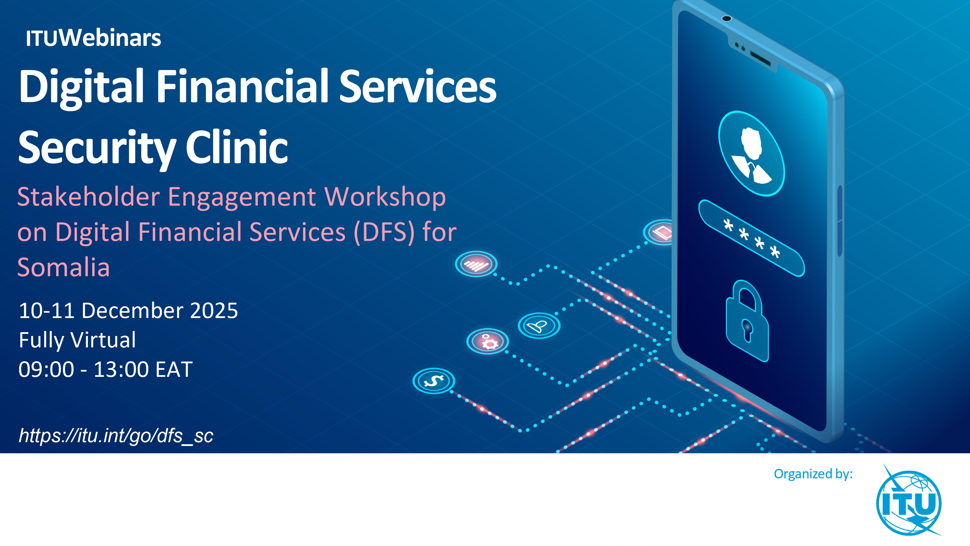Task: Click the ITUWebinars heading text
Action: click(x=94, y=38)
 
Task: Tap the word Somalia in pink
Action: click(x=64, y=267)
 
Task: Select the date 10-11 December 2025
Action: click(x=129, y=311)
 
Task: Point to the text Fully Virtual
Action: click(x=77, y=340)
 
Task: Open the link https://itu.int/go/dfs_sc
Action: click(x=116, y=436)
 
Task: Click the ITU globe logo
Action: click(x=909, y=500)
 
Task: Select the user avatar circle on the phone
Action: click(x=751, y=153)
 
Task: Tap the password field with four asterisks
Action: click(x=751, y=238)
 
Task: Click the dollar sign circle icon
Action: click(x=434, y=381)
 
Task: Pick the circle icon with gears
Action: click(x=488, y=341)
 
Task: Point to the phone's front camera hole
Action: click(x=726, y=19)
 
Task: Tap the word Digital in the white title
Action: click(x=82, y=87)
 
